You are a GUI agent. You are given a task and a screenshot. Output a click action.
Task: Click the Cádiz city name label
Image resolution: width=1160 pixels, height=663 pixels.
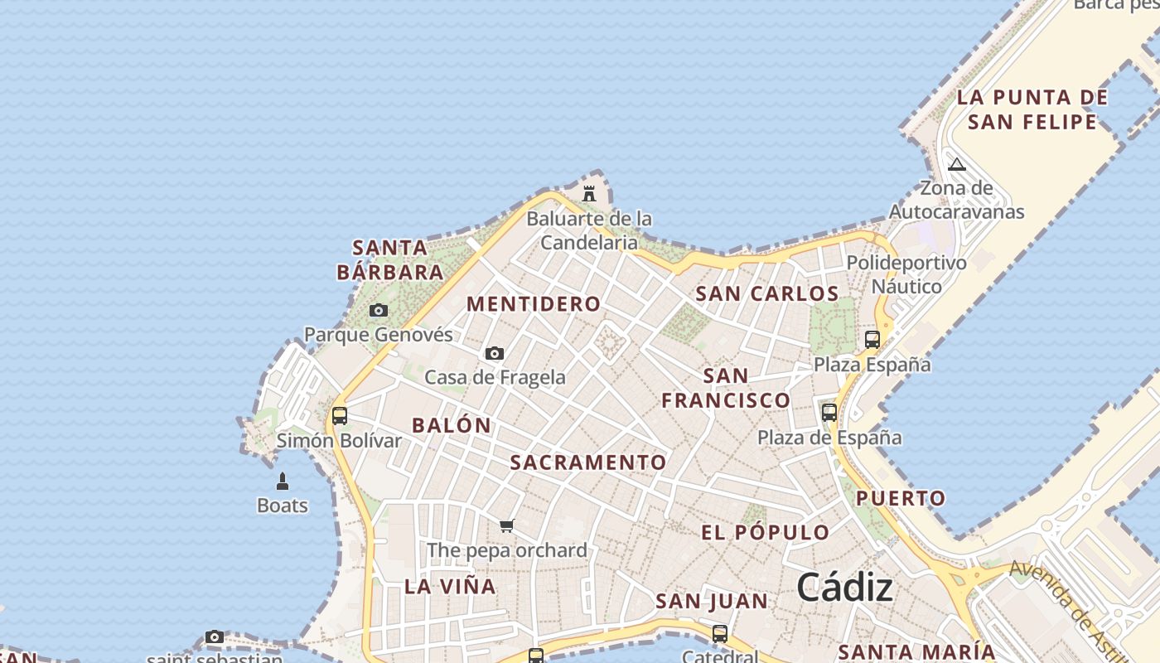[844, 588]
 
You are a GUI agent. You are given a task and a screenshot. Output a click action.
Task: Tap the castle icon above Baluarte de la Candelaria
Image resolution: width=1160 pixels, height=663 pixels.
[589, 194]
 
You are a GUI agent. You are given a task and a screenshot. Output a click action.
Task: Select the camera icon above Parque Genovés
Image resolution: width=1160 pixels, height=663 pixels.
[379, 311]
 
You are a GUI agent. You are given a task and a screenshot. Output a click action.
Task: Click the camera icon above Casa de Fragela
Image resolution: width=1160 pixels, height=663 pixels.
[495, 354]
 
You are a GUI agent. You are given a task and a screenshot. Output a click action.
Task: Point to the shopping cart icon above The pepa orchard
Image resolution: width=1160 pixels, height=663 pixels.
[507, 525]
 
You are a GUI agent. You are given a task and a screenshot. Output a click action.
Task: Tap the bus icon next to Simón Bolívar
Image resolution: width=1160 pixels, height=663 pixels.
[339, 416]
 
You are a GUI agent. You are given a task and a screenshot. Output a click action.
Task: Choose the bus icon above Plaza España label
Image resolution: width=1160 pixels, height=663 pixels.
[872, 339]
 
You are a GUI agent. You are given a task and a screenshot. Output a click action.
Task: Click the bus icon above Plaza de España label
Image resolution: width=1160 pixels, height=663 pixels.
[829, 412]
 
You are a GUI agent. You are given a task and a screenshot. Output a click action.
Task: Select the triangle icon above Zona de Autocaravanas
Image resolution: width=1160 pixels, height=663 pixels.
[957, 164]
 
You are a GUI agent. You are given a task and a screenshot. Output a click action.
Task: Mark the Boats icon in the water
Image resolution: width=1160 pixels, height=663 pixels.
[283, 482]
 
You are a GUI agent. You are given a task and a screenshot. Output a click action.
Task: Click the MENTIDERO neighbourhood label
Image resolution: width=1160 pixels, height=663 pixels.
[534, 304]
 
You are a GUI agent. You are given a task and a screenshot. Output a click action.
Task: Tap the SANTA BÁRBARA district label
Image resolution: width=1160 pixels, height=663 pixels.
[390, 259]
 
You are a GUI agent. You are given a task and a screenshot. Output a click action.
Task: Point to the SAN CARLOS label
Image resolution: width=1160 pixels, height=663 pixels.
[767, 293]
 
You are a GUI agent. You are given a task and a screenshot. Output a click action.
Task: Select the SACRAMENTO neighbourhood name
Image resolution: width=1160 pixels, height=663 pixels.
[588, 462]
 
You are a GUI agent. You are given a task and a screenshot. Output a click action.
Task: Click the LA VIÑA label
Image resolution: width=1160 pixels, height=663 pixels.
[450, 587]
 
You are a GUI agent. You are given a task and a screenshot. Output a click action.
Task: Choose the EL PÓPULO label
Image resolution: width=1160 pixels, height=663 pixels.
[766, 533]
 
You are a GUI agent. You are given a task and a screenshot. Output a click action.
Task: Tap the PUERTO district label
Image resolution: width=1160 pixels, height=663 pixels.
[901, 498]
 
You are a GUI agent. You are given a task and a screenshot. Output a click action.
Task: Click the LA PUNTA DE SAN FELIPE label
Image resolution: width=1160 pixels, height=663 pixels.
[1032, 109]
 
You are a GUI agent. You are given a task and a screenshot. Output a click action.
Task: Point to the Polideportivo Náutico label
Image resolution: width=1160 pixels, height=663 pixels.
[906, 274]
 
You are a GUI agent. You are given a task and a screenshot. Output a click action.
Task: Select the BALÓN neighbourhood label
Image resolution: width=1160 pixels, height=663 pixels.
[452, 425]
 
